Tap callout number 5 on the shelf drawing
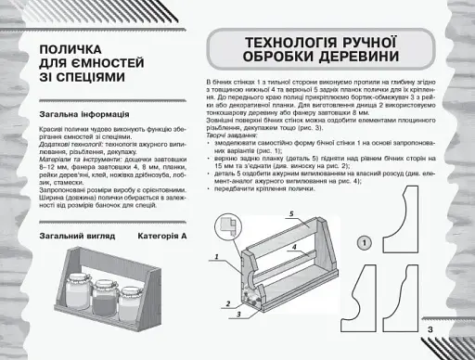290,213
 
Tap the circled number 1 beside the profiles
365,242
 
